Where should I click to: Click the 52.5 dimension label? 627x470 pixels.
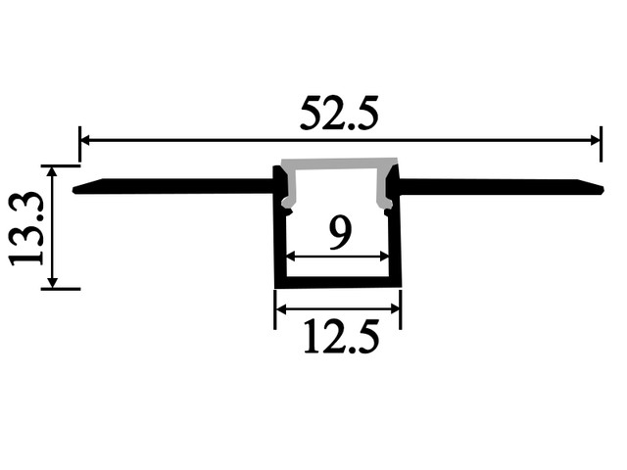click(339, 114)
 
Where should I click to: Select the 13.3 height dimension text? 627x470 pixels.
click(26, 228)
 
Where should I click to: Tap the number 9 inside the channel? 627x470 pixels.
click(340, 234)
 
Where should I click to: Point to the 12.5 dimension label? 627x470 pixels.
click(341, 336)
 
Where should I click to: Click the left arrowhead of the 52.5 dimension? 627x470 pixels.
click(85, 140)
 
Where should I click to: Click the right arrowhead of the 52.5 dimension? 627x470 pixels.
click(596, 140)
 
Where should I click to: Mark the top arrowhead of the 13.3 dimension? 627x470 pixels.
click(52, 169)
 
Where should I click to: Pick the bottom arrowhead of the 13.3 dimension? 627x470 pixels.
click(52, 283)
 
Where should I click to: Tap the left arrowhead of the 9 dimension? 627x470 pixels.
click(291, 257)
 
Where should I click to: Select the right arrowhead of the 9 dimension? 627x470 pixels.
click(384, 257)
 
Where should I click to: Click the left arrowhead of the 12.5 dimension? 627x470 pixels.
click(281, 308)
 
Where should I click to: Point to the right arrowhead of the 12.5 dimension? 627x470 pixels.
click(395, 308)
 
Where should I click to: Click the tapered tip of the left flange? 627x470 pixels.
click(74, 190)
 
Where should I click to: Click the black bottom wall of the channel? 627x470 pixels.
click(338, 282)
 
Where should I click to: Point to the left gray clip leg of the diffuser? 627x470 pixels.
click(291, 189)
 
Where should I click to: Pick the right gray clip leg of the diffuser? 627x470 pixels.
click(385, 189)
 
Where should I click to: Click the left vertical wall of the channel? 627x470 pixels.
click(280, 240)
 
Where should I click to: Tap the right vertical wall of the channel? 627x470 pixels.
click(395, 240)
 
